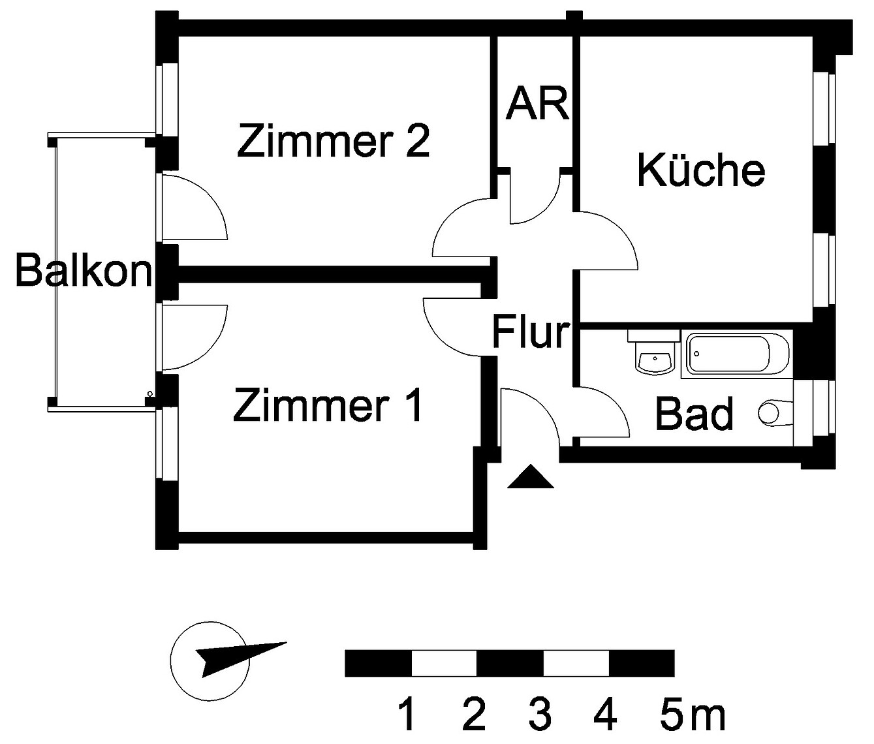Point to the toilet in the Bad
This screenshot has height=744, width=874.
pos(773,412)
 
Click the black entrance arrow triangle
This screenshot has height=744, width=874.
pos(530,478)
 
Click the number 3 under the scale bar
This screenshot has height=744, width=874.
pos(539,715)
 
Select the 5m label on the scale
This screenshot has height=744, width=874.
pos(692,715)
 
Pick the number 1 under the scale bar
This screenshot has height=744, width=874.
pos(407,715)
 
